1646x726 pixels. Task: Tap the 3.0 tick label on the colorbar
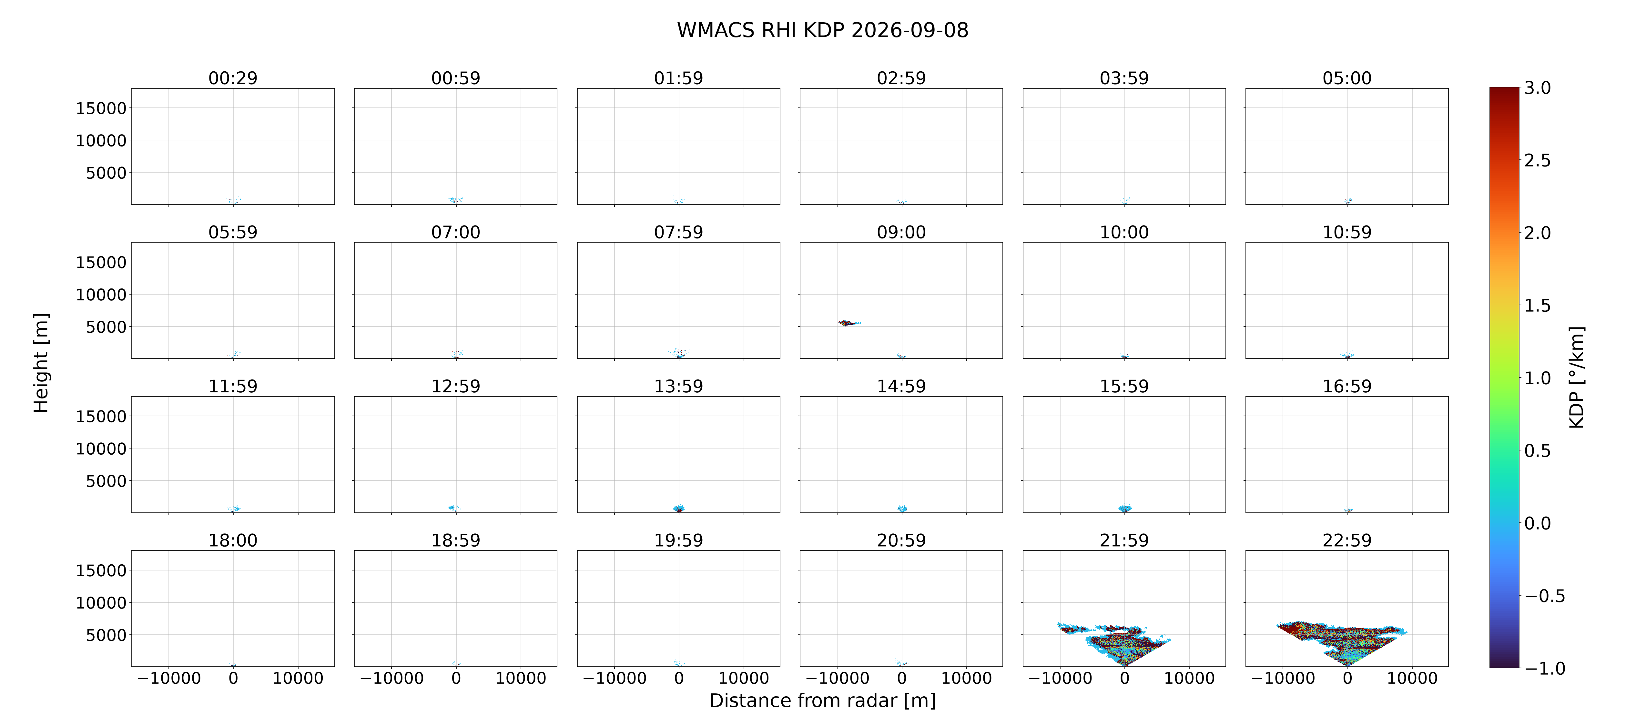point(1537,88)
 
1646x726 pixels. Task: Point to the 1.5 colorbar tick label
point(1537,306)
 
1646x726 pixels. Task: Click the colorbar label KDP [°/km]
point(1576,377)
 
